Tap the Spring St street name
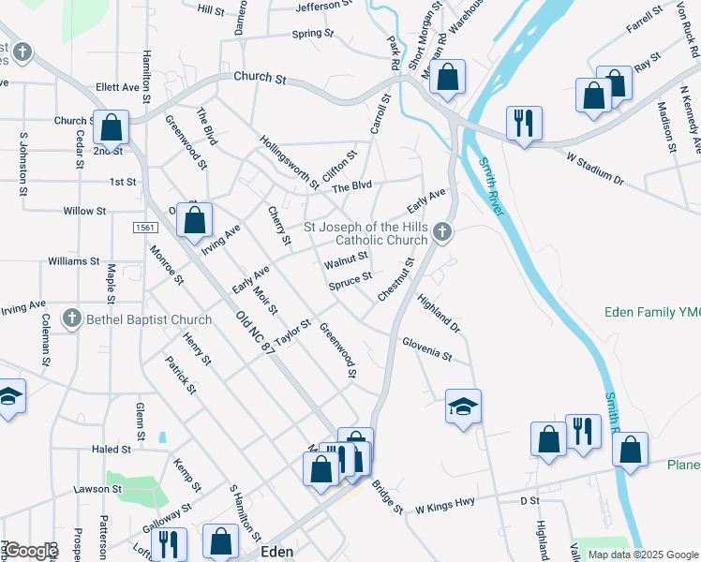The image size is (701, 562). (x=313, y=34)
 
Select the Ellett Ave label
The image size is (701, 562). (x=117, y=87)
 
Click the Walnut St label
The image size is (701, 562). (x=346, y=259)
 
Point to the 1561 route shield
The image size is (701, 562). (x=144, y=228)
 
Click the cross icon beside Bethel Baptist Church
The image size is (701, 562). (x=71, y=319)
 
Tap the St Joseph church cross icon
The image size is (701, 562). (x=443, y=233)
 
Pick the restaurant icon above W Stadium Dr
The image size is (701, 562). (x=524, y=122)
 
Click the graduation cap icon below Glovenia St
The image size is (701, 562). (x=463, y=406)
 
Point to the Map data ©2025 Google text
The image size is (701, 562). (x=643, y=555)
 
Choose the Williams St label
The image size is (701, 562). (x=74, y=261)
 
